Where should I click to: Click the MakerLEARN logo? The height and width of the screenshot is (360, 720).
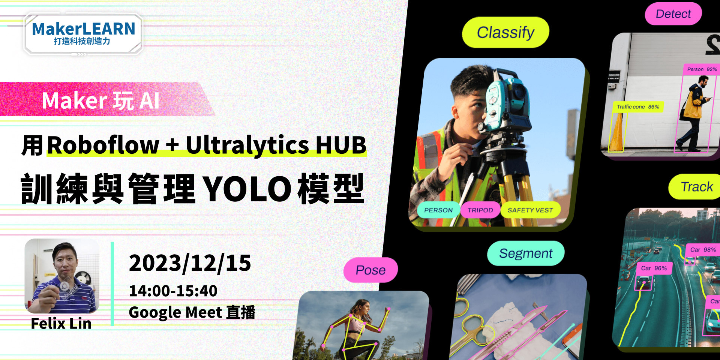coord(83,34)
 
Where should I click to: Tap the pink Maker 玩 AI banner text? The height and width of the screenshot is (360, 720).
coord(101,100)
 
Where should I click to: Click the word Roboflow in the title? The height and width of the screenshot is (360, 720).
coord(103,145)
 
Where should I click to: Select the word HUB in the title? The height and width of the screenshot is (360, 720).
coord(341,145)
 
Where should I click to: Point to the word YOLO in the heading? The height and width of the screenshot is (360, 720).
coord(248,189)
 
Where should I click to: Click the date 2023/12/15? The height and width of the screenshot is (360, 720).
coord(190,263)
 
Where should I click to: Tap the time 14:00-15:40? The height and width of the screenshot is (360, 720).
coord(173,291)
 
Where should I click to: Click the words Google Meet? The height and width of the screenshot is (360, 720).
coord(175,312)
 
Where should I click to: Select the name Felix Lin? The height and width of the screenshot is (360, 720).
coord(61,323)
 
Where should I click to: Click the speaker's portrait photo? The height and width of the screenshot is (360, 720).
coord(62,276)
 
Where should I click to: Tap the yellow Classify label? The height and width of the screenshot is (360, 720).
coord(505,32)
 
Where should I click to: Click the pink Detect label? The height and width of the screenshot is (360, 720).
coord(673,14)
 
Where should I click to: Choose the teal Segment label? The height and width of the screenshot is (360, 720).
coord(526,253)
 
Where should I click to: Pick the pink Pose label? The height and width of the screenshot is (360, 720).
coord(370,270)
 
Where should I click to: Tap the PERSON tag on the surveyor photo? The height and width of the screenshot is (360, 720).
coord(438,210)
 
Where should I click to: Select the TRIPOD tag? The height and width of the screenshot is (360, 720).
coord(480,210)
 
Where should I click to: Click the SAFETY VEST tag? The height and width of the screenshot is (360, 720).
coord(530,210)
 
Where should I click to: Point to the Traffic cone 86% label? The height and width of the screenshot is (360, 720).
coord(638,107)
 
